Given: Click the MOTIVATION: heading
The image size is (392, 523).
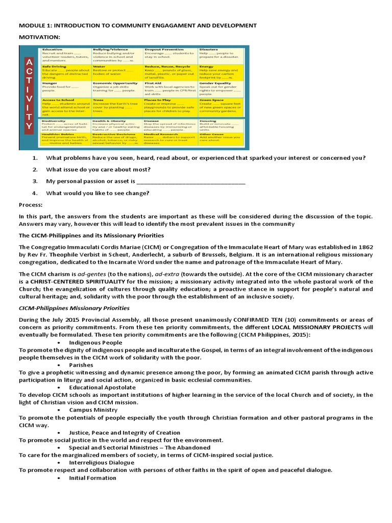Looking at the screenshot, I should (x=40, y=37).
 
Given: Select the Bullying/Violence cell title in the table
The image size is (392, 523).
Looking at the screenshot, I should (x=111, y=50).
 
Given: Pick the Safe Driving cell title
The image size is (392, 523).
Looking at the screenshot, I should (x=54, y=66).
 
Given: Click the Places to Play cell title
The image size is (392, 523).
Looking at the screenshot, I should (x=160, y=100).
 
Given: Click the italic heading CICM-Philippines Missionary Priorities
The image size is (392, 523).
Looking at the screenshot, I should (x=74, y=308).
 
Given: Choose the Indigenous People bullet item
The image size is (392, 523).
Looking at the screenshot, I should (x=95, y=342).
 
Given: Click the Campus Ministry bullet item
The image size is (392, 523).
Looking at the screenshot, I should (x=93, y=410).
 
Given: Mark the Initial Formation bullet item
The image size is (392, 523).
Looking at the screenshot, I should (x=92, y=478).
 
